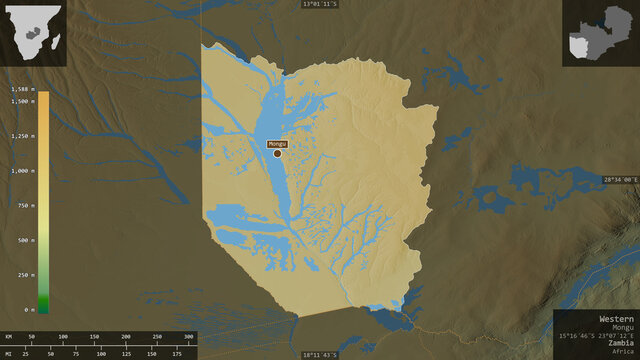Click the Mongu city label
point(277,143)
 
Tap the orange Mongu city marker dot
point(278,153)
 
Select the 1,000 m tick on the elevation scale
point(23,171)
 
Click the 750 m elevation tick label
point(27,205)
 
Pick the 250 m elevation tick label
point(27,275)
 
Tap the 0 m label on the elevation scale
point(30,310)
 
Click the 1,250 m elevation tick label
point(23,136)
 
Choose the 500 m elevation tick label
point(27,240)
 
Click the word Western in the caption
point(617,318)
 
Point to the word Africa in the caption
point(623,353)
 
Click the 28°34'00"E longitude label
point(621,180)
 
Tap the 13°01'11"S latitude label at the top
point(320,4)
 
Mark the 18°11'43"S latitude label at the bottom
point(320,355)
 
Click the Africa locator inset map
point(33,33)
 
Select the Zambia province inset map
point(598,33)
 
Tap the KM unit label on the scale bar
point(8,338)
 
